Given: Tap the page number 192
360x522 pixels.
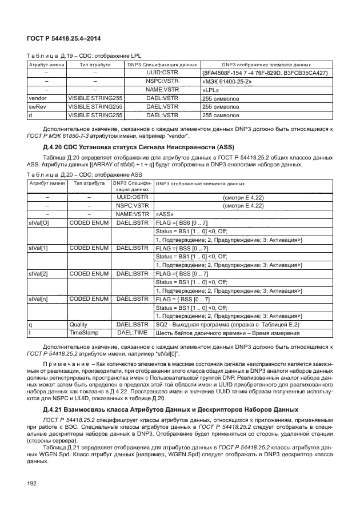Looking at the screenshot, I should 32,484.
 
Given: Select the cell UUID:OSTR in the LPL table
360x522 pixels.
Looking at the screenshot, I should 163,73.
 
